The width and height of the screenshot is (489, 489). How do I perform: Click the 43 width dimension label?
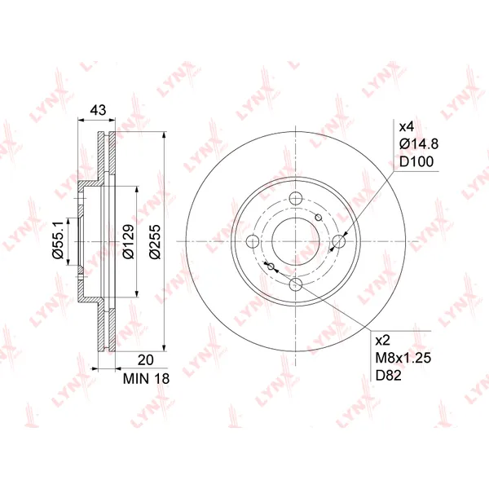98,110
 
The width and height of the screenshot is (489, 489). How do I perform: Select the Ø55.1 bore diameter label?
59,239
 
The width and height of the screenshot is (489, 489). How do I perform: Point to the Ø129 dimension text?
128,241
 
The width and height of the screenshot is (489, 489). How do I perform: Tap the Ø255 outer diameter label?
155,241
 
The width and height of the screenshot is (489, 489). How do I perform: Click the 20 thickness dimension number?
146,360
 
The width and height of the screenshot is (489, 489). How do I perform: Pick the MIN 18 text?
146,379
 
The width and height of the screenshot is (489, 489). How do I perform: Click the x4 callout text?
407,126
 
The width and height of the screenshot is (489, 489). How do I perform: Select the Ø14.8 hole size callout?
419,144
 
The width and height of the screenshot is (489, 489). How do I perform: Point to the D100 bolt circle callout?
416,161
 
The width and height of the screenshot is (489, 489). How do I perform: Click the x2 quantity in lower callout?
383,340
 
